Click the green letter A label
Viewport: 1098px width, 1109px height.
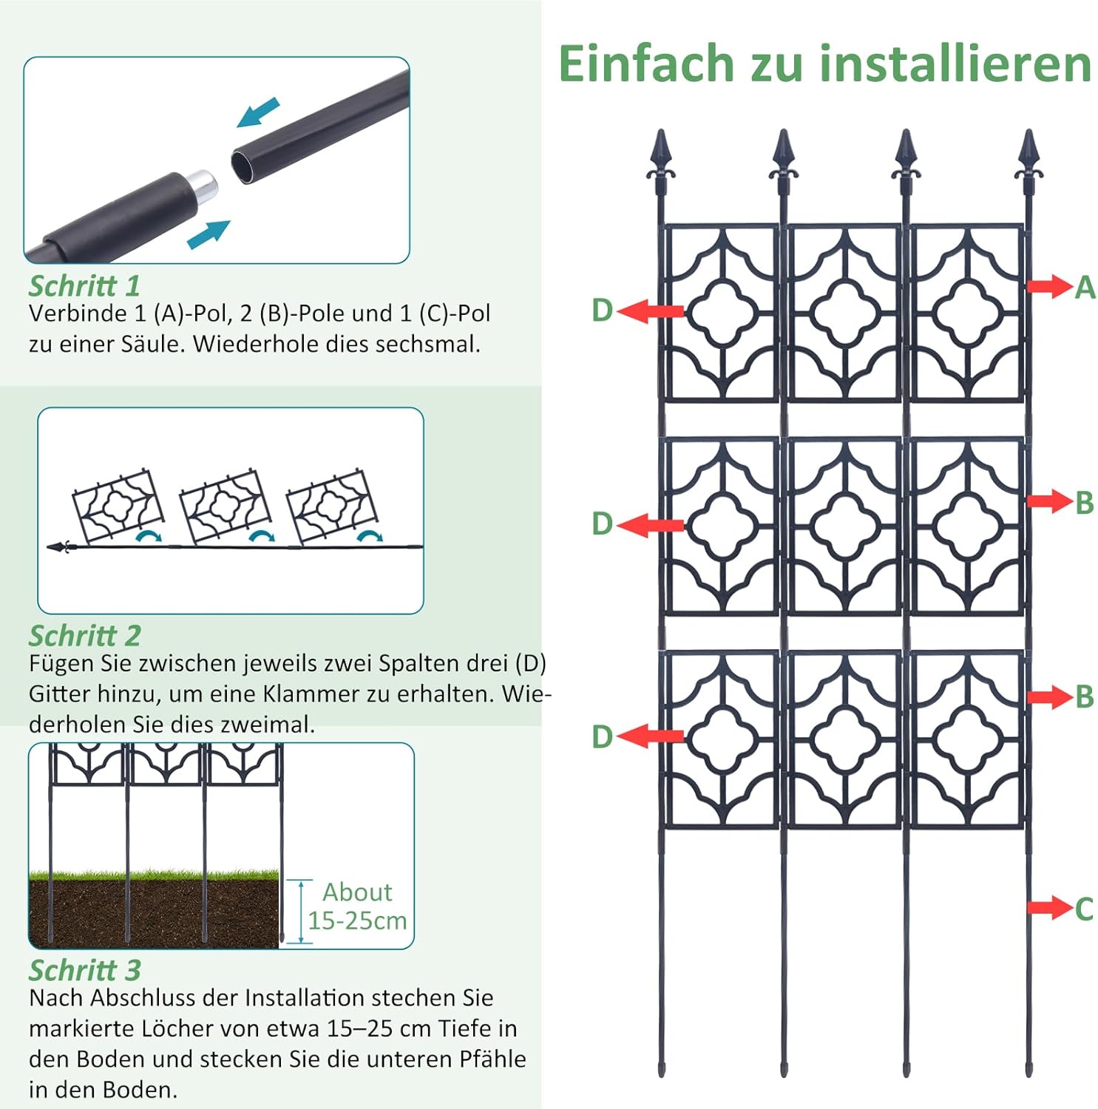pyautogui.click(x=1085, y=287)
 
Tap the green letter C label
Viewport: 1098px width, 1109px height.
pyautogui.click(x=1084, y=909)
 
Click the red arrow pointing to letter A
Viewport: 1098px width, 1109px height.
pyautogui.click(x=1049, y=286)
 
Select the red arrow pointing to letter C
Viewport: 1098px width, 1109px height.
pyautogui.click(x=1050, y=908)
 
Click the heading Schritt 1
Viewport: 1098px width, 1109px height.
pyautogui.click(x=84, y=286)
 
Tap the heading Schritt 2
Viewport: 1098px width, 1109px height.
pyautogui.click(x=84, y=636)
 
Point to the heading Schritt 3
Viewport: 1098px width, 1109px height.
pyautogui.click(x=84, y=970)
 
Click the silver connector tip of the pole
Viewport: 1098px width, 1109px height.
pyautogui.click(x=202, y=186)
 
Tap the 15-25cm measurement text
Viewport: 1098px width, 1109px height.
pyautogui.click(x=357, y=920)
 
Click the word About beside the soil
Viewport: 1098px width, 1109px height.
pyautogui.click(x=357, y=892)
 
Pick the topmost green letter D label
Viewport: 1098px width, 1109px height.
pyautogui.click(x=603, y=311)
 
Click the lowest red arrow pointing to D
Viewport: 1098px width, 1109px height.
pyautogui.click(x=650, y=736)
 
